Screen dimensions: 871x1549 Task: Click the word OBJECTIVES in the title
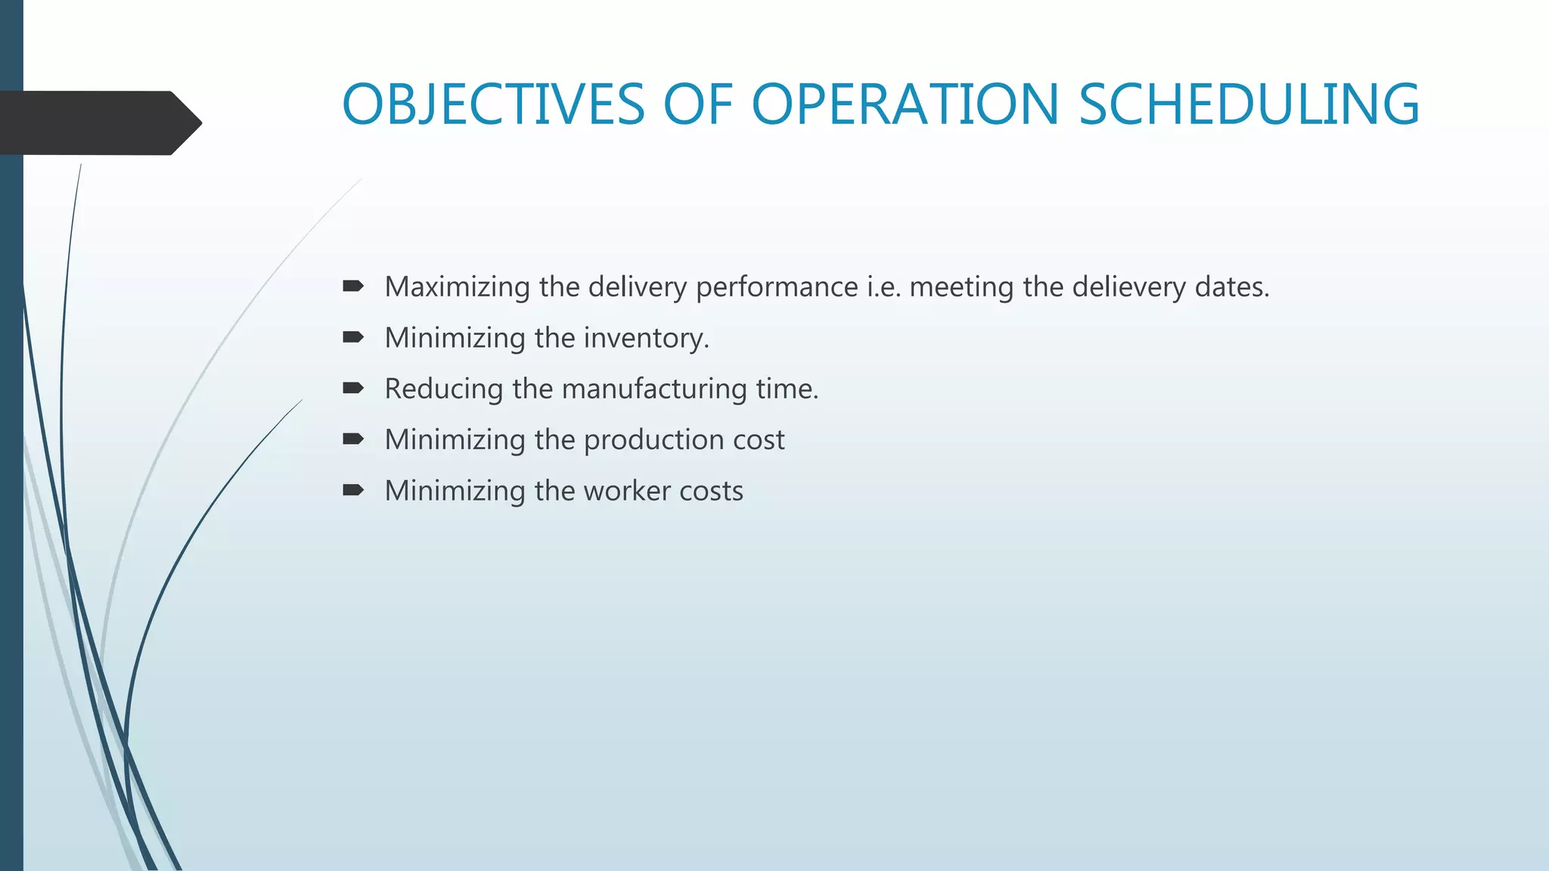493,104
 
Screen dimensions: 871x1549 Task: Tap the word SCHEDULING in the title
1249,104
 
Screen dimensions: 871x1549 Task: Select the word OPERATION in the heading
905,104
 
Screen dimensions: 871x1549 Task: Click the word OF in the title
697,104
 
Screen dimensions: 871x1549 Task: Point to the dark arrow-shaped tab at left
98,122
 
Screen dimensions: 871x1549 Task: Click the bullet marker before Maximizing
352,287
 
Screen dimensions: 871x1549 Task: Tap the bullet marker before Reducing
352,389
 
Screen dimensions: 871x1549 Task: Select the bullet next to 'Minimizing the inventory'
352,337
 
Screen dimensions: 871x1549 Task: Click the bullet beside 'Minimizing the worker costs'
352,491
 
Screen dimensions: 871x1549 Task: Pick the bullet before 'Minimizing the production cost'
352,439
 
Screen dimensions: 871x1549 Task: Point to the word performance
777,287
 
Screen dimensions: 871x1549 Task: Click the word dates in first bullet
1231,287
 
